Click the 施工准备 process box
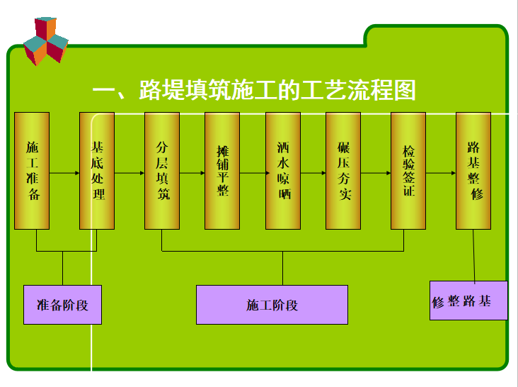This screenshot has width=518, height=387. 33,170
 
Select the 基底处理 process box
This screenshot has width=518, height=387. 97,170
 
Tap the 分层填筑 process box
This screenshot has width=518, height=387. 162,170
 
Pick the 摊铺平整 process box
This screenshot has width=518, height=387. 222,170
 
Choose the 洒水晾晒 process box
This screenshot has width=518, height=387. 284,170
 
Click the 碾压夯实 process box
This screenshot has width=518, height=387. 343,170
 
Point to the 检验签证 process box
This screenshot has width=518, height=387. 408,170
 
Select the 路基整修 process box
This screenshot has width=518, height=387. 473,170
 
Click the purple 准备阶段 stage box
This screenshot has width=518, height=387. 62,305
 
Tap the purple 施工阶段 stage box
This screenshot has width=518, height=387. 272,305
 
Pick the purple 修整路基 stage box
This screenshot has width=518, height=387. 468,300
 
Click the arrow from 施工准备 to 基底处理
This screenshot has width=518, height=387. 64,173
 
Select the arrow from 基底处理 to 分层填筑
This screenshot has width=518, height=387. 129,173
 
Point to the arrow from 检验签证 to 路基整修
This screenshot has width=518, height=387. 441,173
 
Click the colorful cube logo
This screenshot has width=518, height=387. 45,40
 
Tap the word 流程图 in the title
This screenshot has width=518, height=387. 384,91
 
